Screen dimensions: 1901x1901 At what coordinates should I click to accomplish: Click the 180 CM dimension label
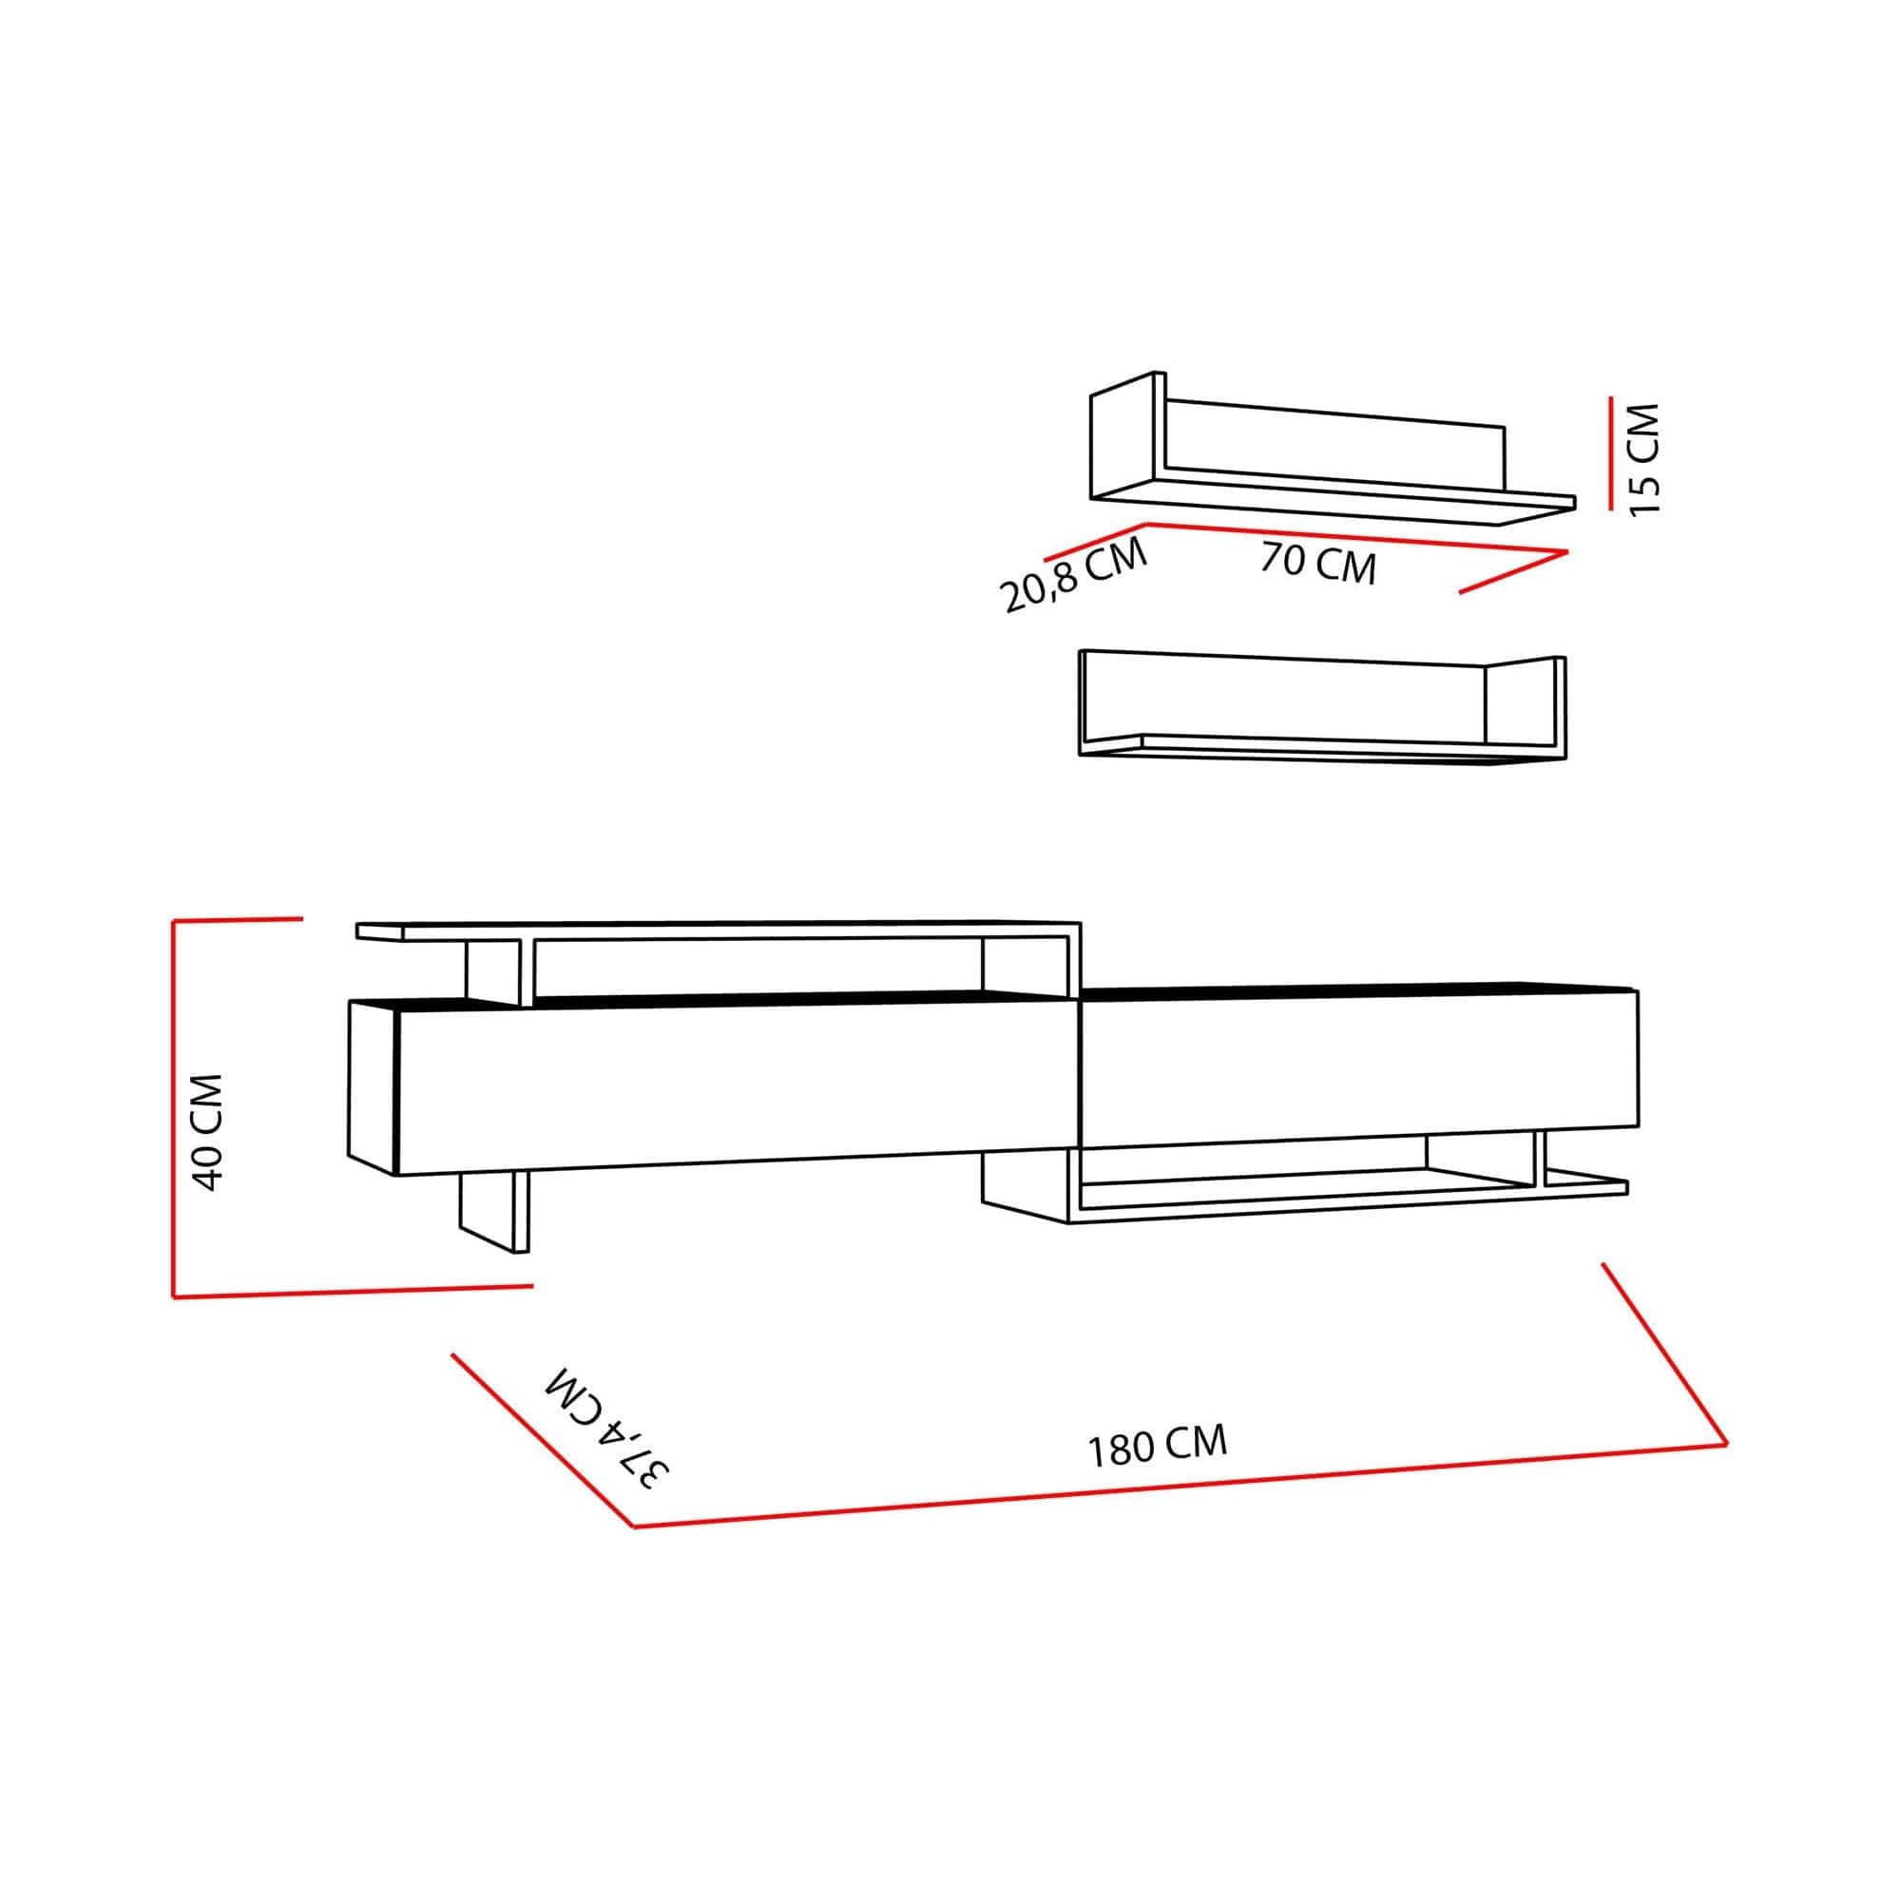1157,1447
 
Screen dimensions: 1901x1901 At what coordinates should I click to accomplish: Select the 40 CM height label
209,1131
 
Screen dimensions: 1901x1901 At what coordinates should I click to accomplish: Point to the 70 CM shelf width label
1317,564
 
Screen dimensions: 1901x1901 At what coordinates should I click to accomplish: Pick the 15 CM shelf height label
1643,457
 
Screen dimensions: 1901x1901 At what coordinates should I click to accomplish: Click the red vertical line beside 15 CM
1610,452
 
